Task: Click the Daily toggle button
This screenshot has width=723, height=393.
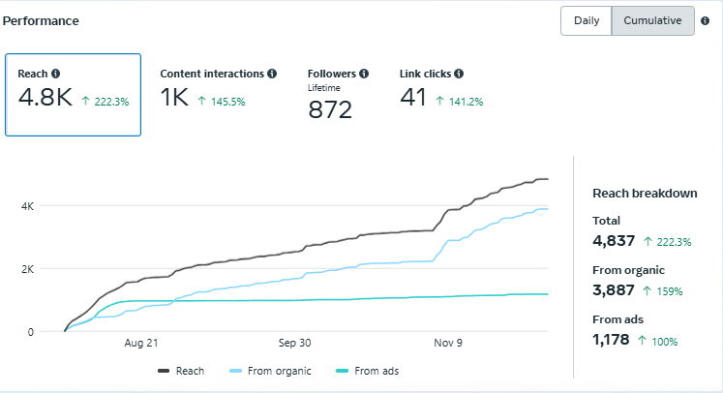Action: click(x=587, y=20)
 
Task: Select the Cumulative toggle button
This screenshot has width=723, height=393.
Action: click(x=652, y=20)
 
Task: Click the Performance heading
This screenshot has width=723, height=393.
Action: click(x=43, y=20)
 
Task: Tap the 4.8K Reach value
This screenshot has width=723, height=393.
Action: click(x=45, y=98)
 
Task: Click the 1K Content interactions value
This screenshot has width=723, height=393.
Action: click(x=174, y=98)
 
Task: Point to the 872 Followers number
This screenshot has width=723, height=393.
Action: click(x=329, y=110)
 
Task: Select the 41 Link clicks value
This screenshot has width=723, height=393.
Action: click(x=413, y=98)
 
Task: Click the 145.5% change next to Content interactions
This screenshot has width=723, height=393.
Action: click(x=221, y=101)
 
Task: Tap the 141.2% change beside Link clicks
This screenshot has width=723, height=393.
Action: click(x=459, y=101)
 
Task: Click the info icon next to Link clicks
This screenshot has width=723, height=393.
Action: click(x=459, y=74)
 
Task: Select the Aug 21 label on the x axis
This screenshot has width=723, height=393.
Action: click(x=142, y=343)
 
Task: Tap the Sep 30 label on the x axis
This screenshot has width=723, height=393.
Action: click(x=294, y=343)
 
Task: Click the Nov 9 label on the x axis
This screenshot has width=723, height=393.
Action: click(x=446, y=343)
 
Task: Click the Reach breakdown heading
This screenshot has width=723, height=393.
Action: click(x=645, y=194)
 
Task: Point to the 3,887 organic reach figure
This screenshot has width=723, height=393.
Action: click(x=620, y=288)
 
